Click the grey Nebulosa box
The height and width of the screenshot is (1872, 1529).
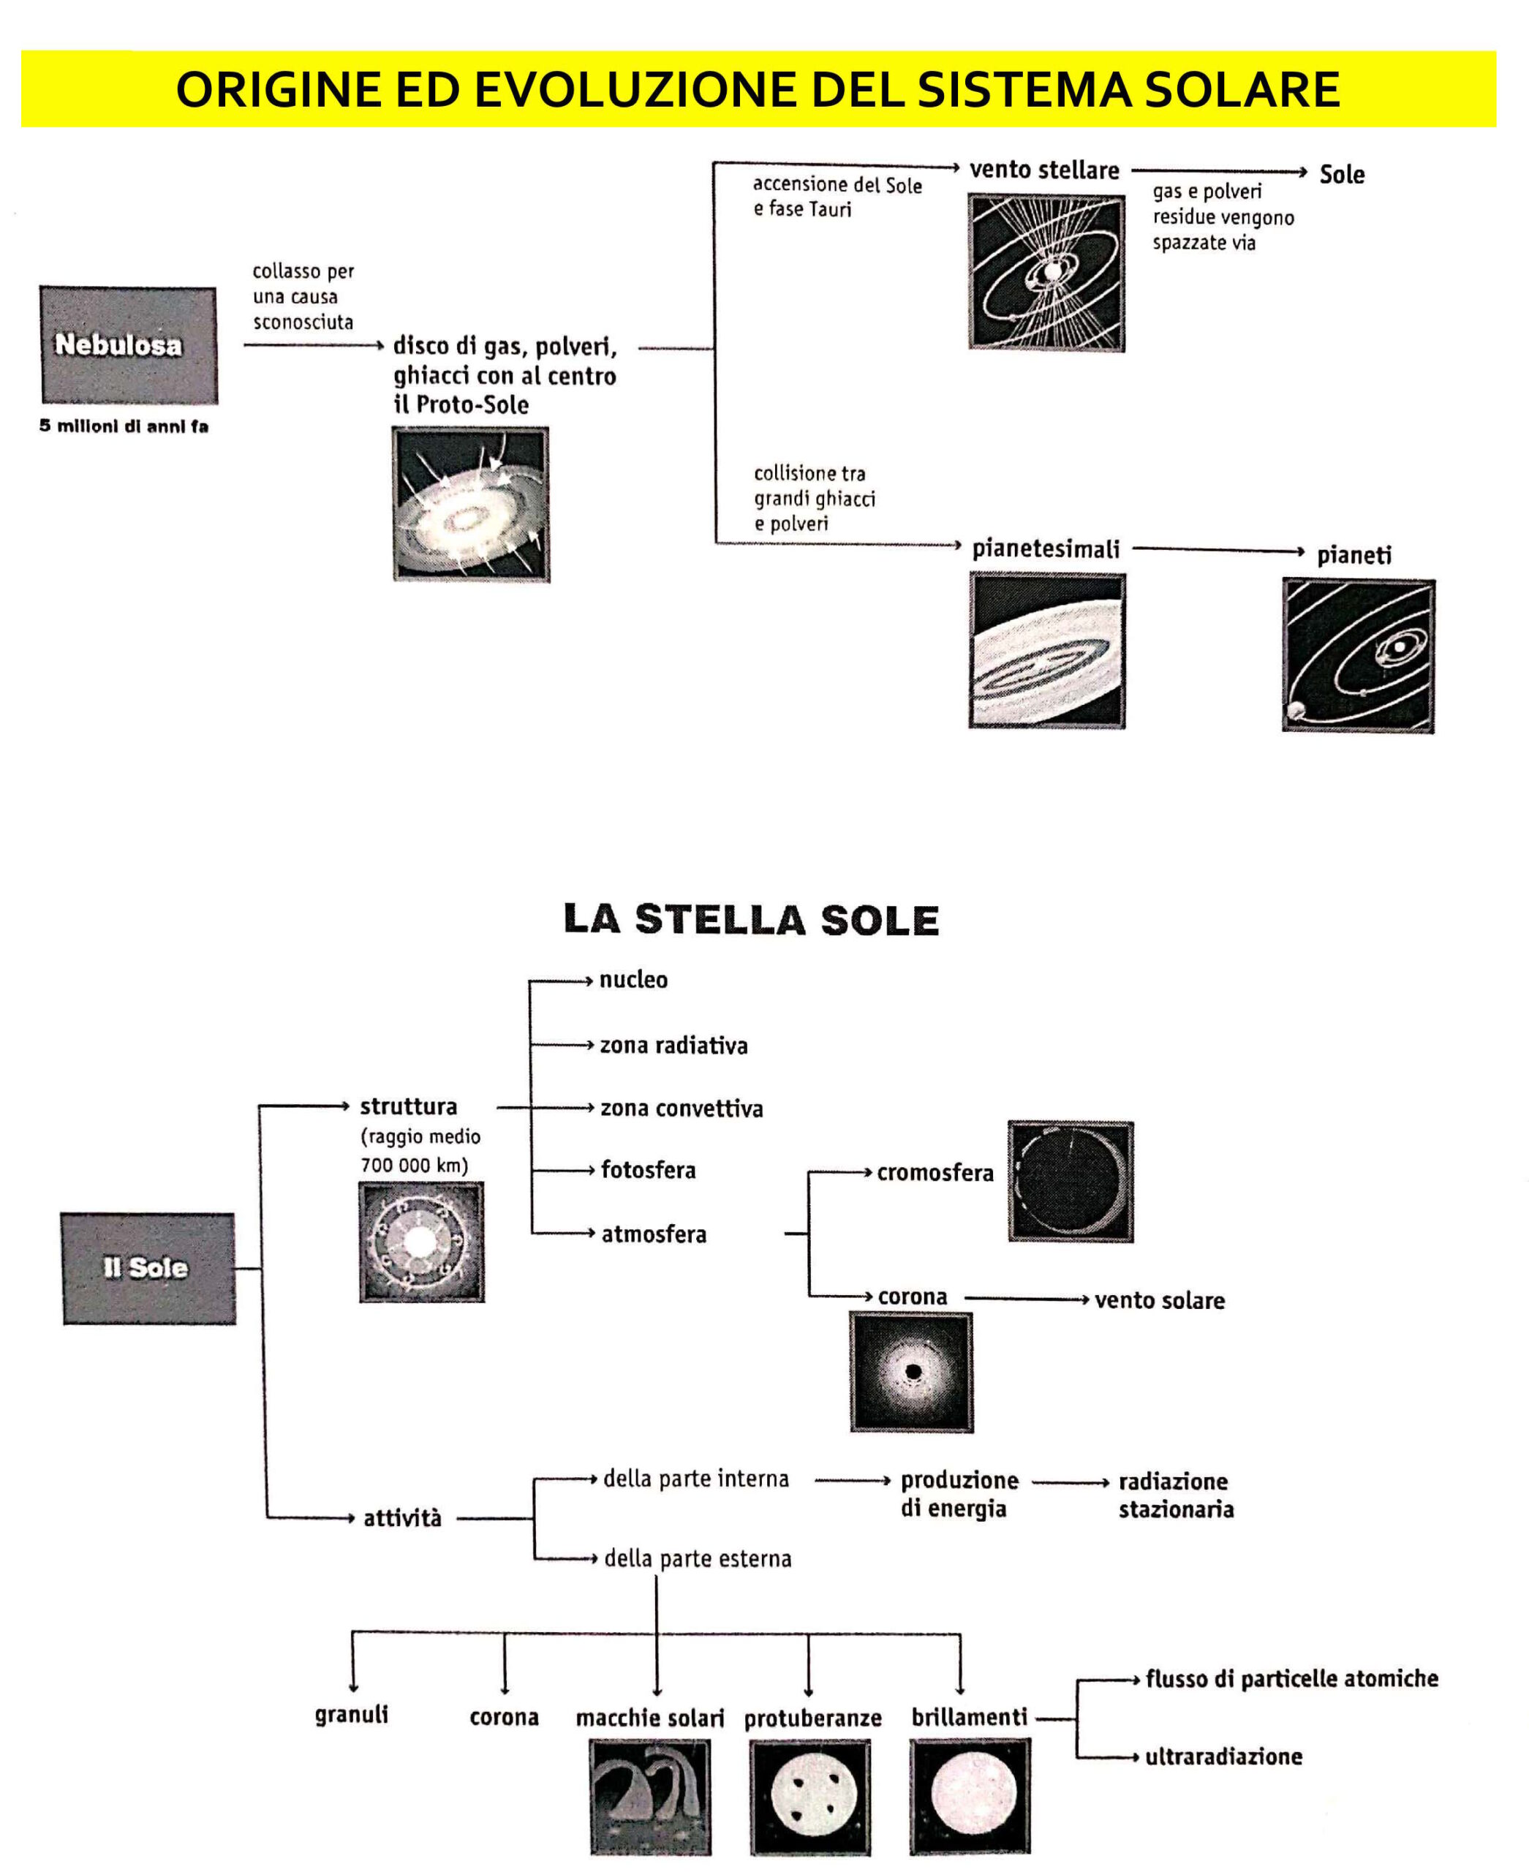[x=129, y=344]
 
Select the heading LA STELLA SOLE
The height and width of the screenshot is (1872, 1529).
[x=751, y=920]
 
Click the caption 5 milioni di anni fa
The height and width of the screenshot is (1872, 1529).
[x=124, y=426]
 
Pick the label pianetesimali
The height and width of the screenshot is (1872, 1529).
[x=1046, y=549]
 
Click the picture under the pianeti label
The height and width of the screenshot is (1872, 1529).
[x=1358, y=654]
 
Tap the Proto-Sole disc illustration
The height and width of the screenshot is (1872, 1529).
[x=471, y=504]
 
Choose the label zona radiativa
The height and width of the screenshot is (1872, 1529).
[x=673, y=1046]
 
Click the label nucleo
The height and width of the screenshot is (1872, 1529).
[x=633, y=980]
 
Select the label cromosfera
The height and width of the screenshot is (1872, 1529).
[x=935, y=1172]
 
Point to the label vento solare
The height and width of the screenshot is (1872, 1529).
[x=1159, y=1300]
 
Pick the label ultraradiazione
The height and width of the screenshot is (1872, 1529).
[x=1223, y=1756]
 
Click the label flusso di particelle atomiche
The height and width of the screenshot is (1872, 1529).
[x=1291, y=1679]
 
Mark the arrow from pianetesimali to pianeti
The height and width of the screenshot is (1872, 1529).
[x=1218, y=551]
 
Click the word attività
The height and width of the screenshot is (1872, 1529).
[x=402, y=1518]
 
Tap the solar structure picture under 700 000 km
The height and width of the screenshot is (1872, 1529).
[x=422, y=1242]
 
